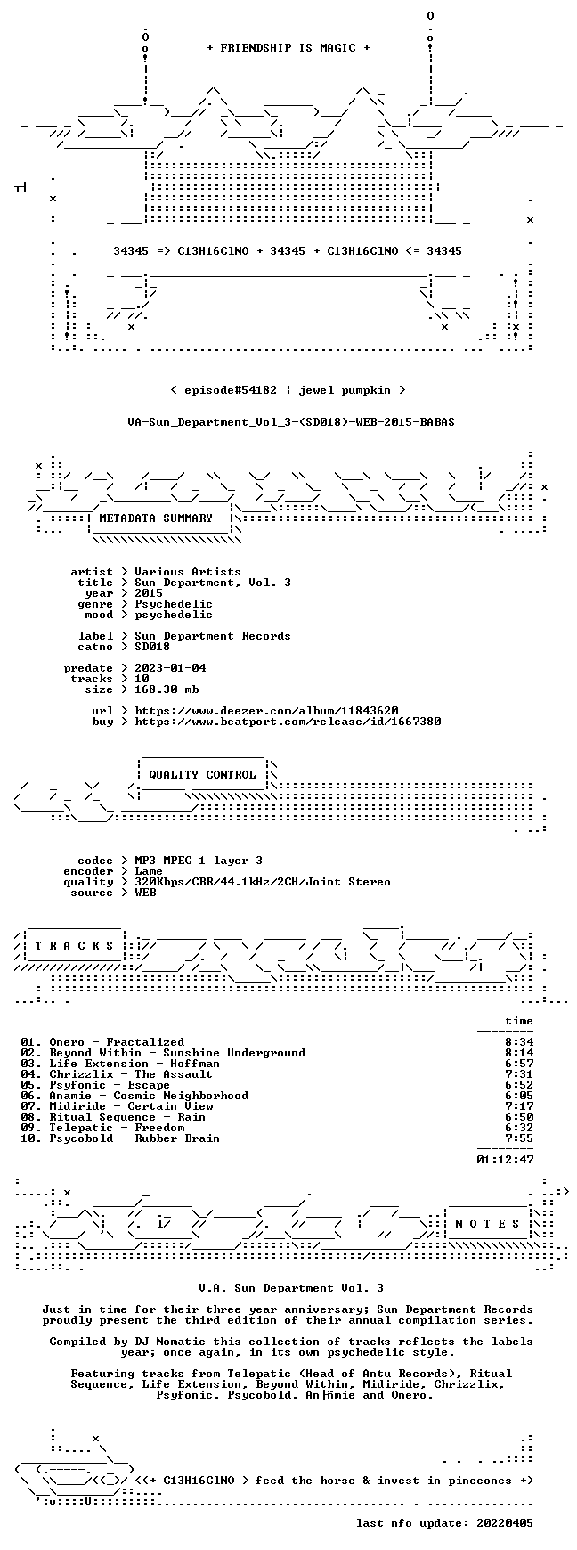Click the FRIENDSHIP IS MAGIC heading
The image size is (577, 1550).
(x=288, y=48)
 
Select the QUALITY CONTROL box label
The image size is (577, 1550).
(x=202, y=775)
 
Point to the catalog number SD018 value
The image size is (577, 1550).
(x=152, y=647)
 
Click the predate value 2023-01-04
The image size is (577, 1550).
(x=170, y=668)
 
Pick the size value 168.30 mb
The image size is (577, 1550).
(x=167, y=689)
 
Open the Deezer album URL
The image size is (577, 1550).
(x=266, y=711)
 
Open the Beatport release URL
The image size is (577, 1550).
(x=288, y=722)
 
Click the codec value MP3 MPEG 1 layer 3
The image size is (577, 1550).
(x=199, y=861)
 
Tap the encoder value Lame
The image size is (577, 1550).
(x=149, y=871)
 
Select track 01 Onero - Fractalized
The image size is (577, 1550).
(x=102, y=1042)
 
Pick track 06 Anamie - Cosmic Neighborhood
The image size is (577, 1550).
(x=134, y=1096)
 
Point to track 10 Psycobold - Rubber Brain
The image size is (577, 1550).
(x=120, y=1138)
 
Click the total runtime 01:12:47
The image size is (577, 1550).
(x=505, y=1160)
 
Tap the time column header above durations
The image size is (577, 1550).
(x=519, y=1021)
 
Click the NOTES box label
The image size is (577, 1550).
(x=487, y=1224)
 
